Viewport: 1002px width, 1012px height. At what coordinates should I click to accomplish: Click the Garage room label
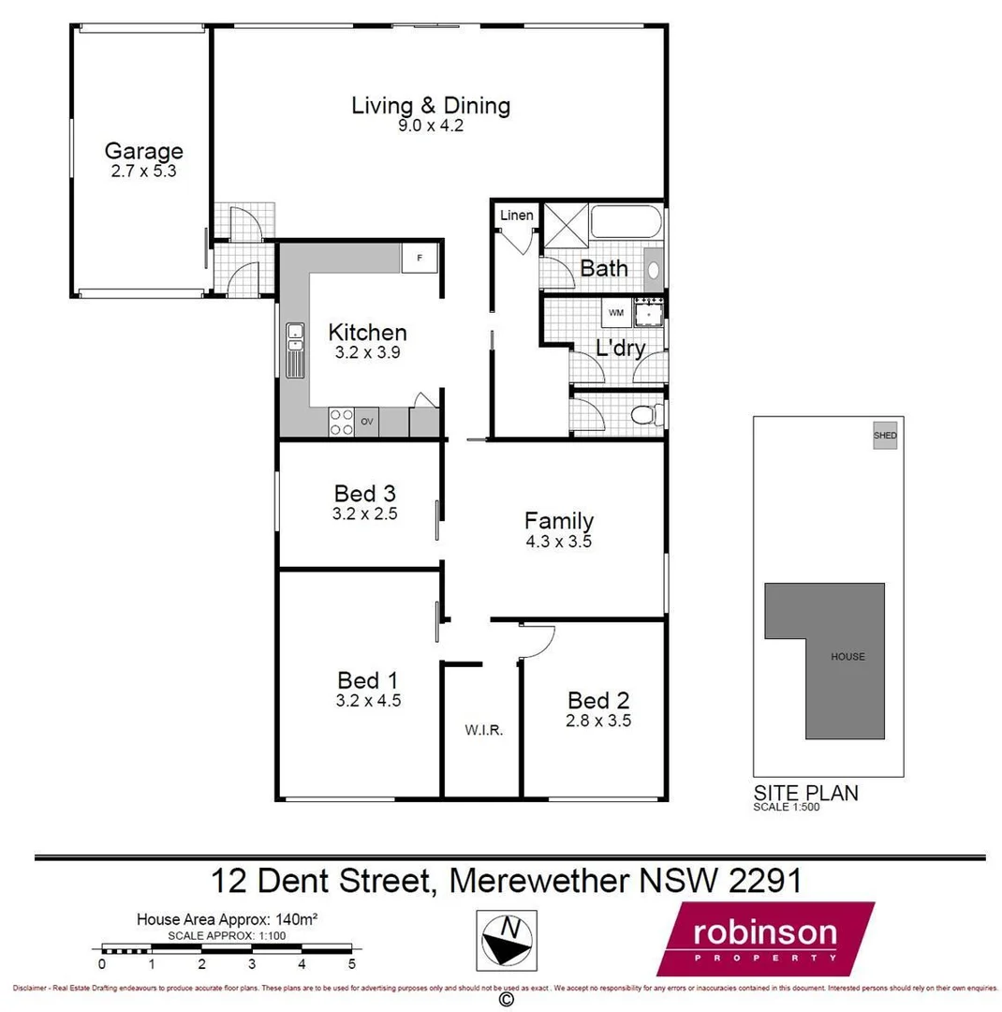[143, 151]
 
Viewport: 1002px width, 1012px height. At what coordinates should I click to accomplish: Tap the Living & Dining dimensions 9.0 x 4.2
[431, 124]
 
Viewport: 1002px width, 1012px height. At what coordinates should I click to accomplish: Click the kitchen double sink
[295, 349]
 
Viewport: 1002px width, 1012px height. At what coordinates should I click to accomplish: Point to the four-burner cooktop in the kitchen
[341, 422]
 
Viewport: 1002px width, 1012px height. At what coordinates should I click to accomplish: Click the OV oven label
[367, 422]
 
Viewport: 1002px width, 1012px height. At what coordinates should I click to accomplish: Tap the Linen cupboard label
[516, 216]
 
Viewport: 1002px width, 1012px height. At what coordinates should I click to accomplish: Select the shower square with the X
[564, 226]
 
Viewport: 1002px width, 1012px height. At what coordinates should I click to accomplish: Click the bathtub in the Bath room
[626, 225]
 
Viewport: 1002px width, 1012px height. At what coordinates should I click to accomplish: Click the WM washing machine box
[615, 312]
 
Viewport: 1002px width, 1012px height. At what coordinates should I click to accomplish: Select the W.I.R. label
[484, 730]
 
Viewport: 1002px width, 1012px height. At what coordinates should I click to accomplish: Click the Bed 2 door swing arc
[540, 640]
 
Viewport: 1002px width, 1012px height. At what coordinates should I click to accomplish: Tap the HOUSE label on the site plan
[847, 657]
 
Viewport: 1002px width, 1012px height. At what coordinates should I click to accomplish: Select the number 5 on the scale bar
[351, 963]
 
